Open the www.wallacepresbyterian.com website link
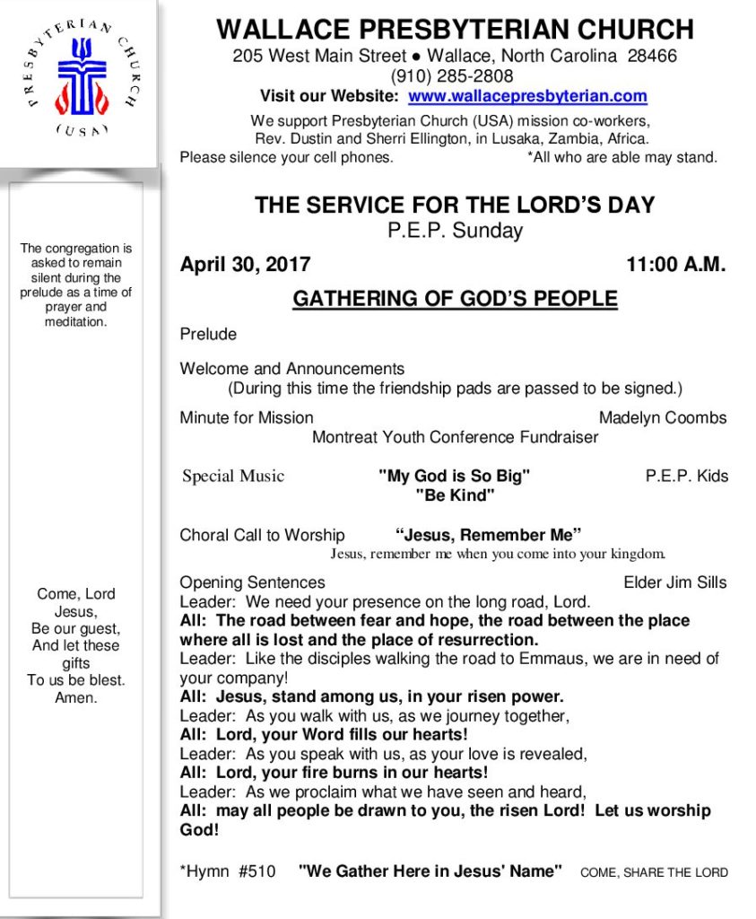point(527,97)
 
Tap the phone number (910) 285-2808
point(452,76)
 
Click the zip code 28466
point(652,56)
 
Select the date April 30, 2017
point(245,265)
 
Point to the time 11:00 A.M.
point(676,265)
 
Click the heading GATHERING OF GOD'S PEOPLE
point(455,299)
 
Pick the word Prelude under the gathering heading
point(208,335)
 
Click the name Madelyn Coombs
point(663,417)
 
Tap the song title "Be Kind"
point(455,495)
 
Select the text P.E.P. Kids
point(687,476)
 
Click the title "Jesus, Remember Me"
point(489,536)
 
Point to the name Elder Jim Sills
point(674,582)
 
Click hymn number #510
point(257,871)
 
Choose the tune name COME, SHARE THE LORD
point(654,871)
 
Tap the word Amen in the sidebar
point(76,697)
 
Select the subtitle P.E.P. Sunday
point(455,231)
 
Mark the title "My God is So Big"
point(455,476)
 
